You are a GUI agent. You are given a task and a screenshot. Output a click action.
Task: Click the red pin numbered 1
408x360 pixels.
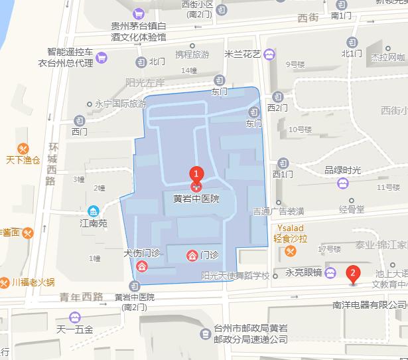[x=196, y=174]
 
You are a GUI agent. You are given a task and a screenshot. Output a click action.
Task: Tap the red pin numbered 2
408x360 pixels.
[x=353, y=273]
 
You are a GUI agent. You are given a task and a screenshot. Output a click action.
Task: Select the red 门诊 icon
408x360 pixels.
[x=192, y=255]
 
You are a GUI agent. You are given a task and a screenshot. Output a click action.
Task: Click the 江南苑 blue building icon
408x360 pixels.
[x=94, y=211]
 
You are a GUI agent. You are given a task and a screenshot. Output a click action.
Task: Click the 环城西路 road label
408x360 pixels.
[x=51, y=163]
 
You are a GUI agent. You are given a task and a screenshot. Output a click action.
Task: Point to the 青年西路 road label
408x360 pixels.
[x=81, y=297]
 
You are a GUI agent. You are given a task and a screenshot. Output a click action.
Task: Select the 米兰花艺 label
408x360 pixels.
[x=243, y=54]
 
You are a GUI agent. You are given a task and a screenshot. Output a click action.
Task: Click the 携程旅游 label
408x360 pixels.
[x=192, y=54]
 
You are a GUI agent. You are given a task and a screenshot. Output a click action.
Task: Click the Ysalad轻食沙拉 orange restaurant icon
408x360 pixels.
[x=291, y=251]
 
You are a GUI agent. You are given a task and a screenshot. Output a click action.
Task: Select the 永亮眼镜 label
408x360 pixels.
[x=304, y=272]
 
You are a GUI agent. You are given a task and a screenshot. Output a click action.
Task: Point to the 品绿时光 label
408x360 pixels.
[x=342, y=169]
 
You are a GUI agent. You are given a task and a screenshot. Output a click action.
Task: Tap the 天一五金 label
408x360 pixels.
[x=75, y=329]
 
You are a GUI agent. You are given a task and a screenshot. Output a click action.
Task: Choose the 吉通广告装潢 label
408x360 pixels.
[x=279, y=211]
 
